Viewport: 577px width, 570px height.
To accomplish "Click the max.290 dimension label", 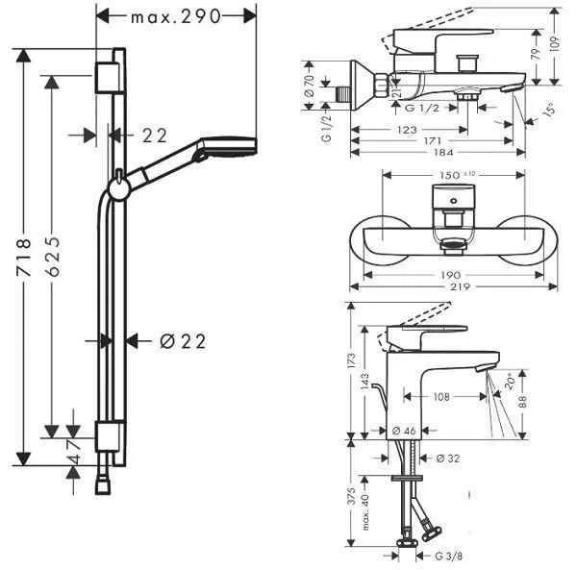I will pos(178,16).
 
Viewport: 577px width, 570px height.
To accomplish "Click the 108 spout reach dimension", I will pos(441,395).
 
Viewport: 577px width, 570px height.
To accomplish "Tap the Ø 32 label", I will pos(448,458).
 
